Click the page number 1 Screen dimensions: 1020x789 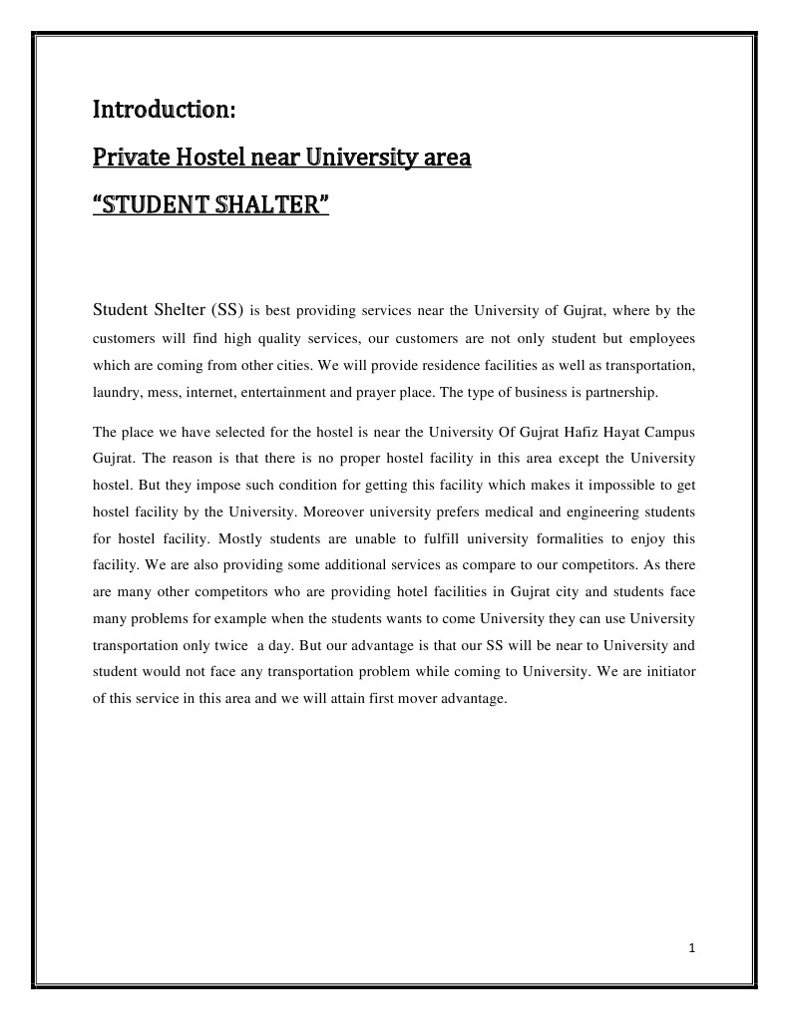pos(690,947)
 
